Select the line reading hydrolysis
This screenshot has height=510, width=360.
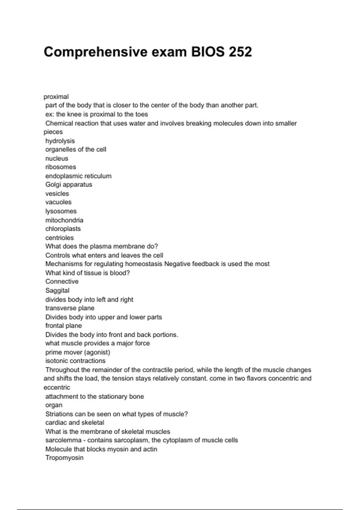pyautogui.click(x=60, y=141)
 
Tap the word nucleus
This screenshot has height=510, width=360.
pyautogui.click(x=57, y=158)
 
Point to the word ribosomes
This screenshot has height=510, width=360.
pyautogui.click(x=61, y=167)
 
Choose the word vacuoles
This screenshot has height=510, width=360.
pyautogui.click(x=58, y=202)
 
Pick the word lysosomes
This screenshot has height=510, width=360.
pyautogui.click(x=61, y=211)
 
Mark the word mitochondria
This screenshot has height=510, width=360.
pyautogui.click(x=64, y=220)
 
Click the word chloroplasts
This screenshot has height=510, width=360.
pyautogui.click(x=63, y=229)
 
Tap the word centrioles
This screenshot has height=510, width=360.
pyautogui.click(x=59, y=238)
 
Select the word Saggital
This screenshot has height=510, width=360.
pyautogui.click(x=57, y=291)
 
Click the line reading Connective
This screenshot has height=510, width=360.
pyautogui.click(x=62, y=282)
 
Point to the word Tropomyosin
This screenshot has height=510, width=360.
pyautogui.click(x=64, y=458)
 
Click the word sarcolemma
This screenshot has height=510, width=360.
pyautogui.click(x=63, y=440)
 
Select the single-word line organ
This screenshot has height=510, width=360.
pyautogui.click(x=54, y=405)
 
